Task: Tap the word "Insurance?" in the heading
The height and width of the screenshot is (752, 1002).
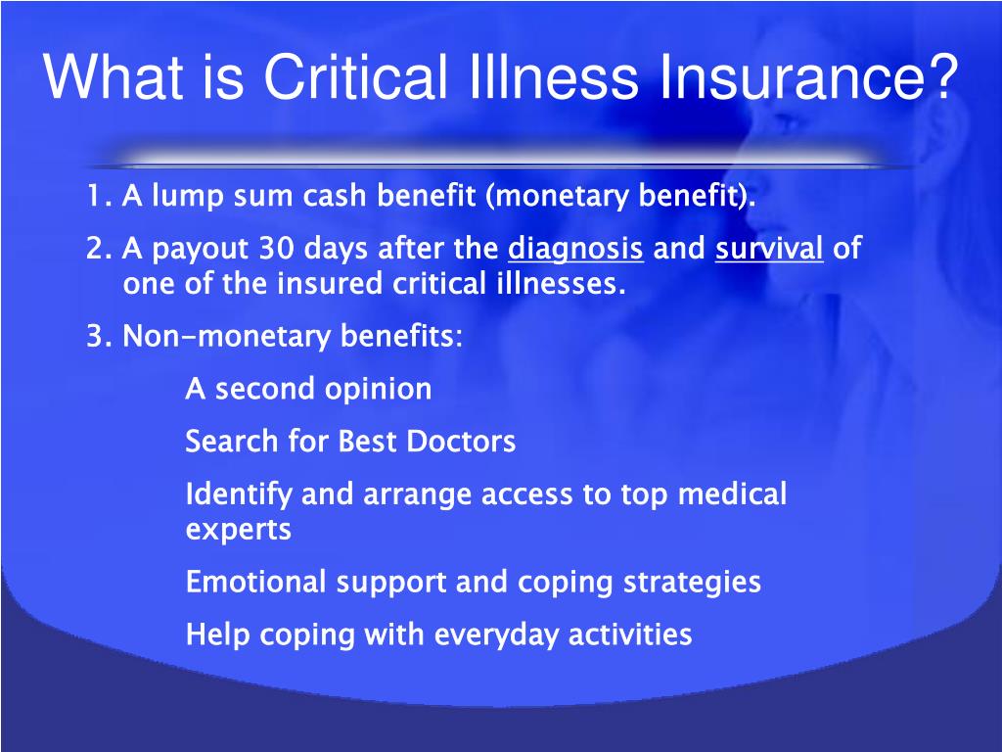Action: coord(809,77)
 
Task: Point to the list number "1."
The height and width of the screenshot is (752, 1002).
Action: coord(99,197)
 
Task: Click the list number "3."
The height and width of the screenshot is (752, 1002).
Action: coord(99,337)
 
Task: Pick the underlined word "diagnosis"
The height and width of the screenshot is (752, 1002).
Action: coord(575,249)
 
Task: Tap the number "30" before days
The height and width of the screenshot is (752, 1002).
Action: coord(276,249)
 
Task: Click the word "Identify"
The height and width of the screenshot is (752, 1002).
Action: coord(239,495)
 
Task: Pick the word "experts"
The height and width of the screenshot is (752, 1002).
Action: coord(238,531)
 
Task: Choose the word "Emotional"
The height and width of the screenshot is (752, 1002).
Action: coord(256,583)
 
